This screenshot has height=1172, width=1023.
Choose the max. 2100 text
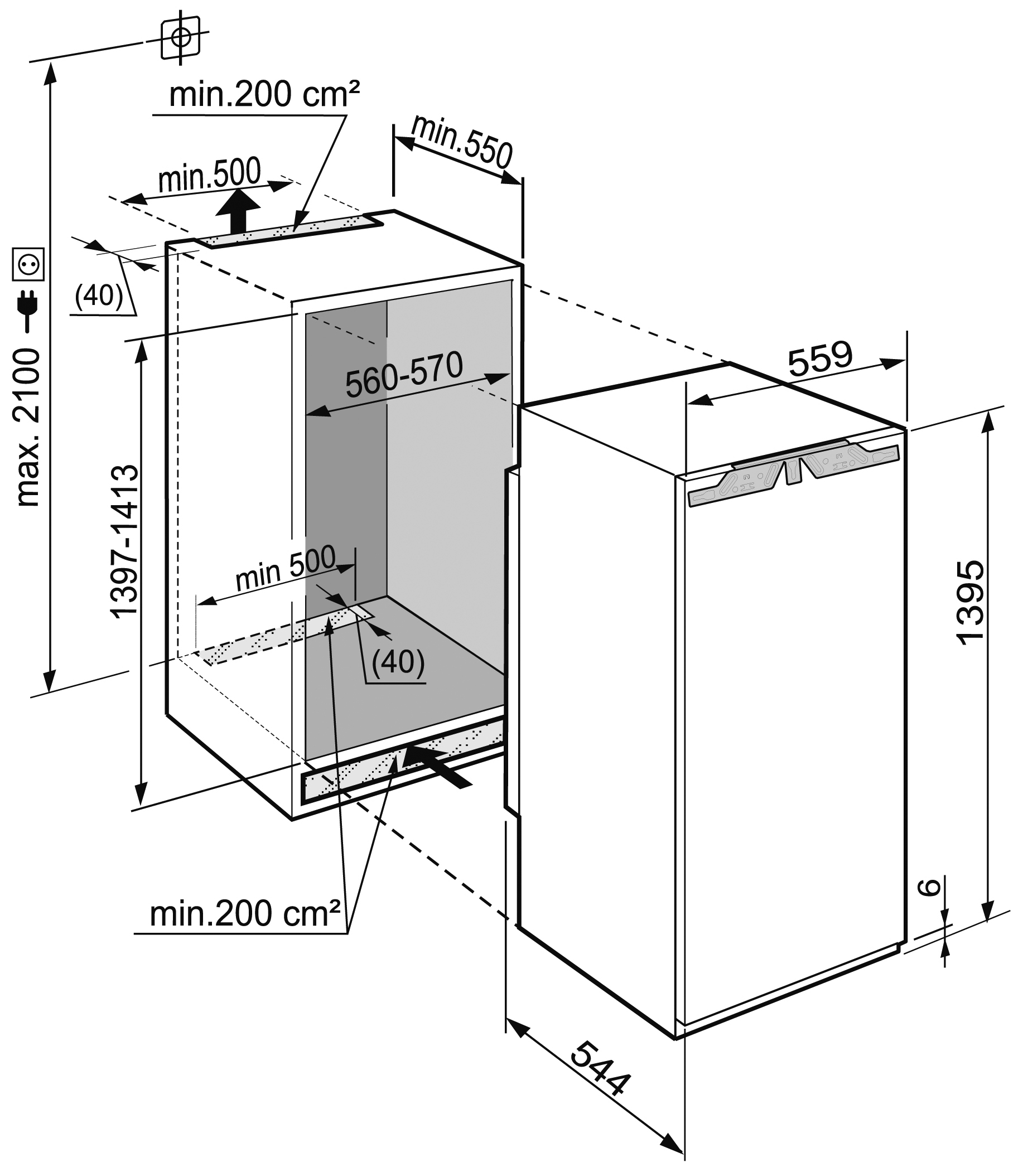click(28, 428)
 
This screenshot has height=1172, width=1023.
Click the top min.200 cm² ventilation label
click(264, 94)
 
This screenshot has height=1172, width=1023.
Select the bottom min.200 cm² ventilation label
click(245, 913)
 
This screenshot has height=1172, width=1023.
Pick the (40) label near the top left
click(99, 296)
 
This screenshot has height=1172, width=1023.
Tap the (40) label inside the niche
click(398, 661)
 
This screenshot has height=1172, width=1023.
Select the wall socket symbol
click(28, 264)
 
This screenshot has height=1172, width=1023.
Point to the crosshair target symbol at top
click(180, 38)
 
